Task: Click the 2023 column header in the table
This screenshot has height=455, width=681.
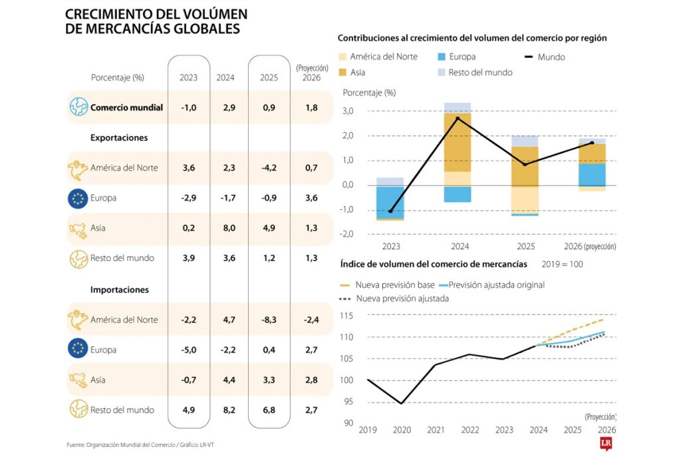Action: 188,77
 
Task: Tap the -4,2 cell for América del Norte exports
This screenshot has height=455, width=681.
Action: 269,168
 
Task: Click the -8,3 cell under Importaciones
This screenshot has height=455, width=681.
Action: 269,320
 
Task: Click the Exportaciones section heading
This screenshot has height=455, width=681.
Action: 119,138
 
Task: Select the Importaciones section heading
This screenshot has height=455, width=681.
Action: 119,290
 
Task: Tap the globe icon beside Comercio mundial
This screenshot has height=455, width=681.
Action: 79,107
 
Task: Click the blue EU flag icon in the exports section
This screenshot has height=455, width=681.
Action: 79,198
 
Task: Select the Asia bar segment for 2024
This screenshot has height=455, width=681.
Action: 458,142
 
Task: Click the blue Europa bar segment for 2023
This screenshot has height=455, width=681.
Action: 390,201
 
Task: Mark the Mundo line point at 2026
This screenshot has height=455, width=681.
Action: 592,143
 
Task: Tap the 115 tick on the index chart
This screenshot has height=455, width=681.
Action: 346,315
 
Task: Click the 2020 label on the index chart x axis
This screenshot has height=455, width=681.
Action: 402,431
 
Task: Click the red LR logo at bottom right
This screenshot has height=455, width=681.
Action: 605,443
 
